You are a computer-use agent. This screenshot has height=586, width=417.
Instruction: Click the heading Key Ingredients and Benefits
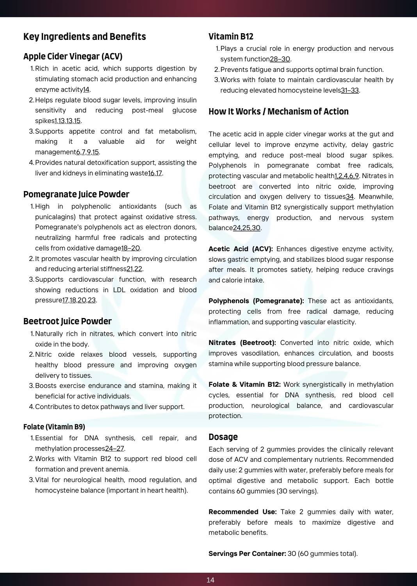point(84,37)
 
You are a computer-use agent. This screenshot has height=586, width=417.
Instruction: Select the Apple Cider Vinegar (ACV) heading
point(73,57)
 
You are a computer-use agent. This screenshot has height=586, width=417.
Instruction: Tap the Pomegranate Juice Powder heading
point(76,195)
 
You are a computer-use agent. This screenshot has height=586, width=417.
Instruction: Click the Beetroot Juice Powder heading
point(67,322)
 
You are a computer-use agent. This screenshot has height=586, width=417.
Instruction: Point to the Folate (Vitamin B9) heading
point(54,427)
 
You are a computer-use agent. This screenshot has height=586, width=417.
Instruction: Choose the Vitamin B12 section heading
point(231,37)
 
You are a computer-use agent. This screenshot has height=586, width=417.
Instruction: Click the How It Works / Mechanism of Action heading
point(278,112)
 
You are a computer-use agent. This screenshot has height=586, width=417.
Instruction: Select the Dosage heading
point(223,437)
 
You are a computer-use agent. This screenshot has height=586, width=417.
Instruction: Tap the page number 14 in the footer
point(210,580)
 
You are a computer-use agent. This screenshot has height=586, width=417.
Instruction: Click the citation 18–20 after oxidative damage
point(130,248)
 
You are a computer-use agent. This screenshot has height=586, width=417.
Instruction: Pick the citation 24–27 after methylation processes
point(114,448)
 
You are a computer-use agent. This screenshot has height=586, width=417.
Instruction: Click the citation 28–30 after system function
point(280,59)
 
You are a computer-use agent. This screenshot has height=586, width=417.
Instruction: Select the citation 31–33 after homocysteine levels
point(350,90)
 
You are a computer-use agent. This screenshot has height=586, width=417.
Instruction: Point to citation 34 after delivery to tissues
point(349,197)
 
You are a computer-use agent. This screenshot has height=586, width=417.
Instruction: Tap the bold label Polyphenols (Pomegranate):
point(256,301)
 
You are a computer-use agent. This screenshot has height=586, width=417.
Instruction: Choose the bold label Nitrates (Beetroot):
point(242,343)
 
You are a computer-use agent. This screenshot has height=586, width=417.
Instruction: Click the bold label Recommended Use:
point(242,512)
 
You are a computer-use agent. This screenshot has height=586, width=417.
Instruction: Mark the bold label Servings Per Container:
point(247,554)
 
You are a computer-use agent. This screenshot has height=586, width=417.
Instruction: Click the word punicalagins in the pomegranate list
point(54,217)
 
